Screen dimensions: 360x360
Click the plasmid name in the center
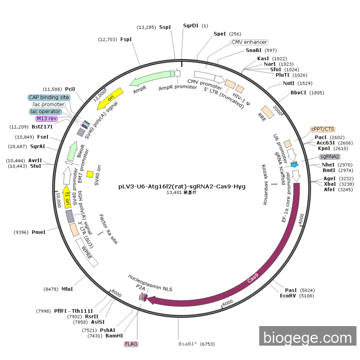coord(182,186)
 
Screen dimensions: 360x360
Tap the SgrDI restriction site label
coord(191,26)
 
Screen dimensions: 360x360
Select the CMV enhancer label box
coord(249,42)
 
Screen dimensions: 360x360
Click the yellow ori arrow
coord(110,99)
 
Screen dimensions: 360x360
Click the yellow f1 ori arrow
coord(67,197)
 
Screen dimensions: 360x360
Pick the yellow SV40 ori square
coord(90,174)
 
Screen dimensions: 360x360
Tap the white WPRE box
coord(87,253)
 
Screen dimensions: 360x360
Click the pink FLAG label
coord(131,344)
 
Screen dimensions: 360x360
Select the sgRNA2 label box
coord(330,156)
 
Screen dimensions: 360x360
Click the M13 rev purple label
coord(47,118)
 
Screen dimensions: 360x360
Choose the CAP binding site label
coord(49,97)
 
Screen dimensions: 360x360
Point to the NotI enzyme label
coord(289,83)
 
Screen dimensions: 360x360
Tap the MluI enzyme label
coord(67,289)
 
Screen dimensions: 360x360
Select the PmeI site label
coord(39,232)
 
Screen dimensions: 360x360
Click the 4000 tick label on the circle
coord(301,218)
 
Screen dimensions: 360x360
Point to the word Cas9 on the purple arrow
coord(253,278)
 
